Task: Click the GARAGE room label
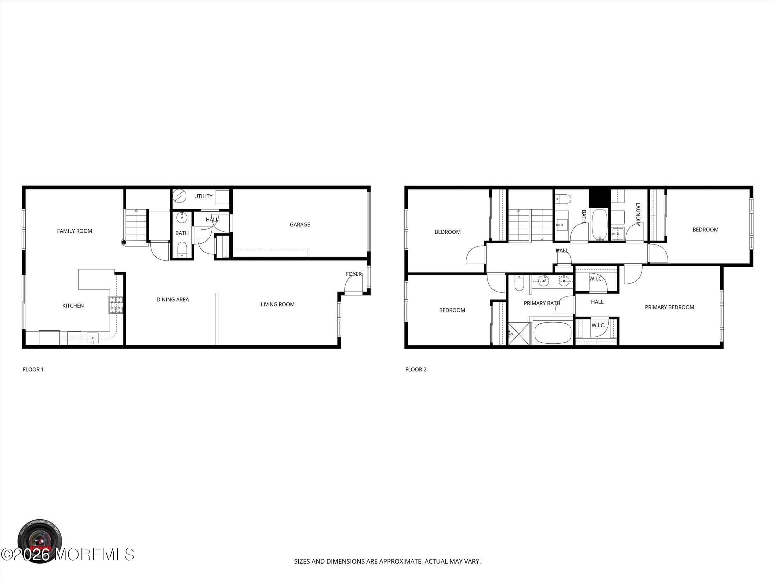(x=300, y=225)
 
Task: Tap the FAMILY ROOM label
(x=75, y=231)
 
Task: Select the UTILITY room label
(x=203, y=196)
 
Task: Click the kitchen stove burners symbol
(x=116, y=305)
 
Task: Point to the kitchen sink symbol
(x=93, y=338)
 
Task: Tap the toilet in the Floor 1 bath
(x=182, y=250)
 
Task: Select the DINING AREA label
(x=173, y=300)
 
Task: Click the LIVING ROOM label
(x=278, y=305)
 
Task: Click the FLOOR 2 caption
(x=416, y=369)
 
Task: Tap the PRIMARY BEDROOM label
(x=669, y=307)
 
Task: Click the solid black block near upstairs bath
(x=599, y=198)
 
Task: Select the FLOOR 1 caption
(x=33, y=369)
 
